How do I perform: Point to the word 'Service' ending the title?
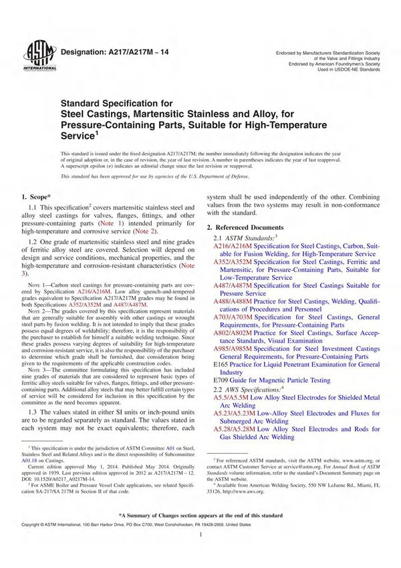tap(79, 135)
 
